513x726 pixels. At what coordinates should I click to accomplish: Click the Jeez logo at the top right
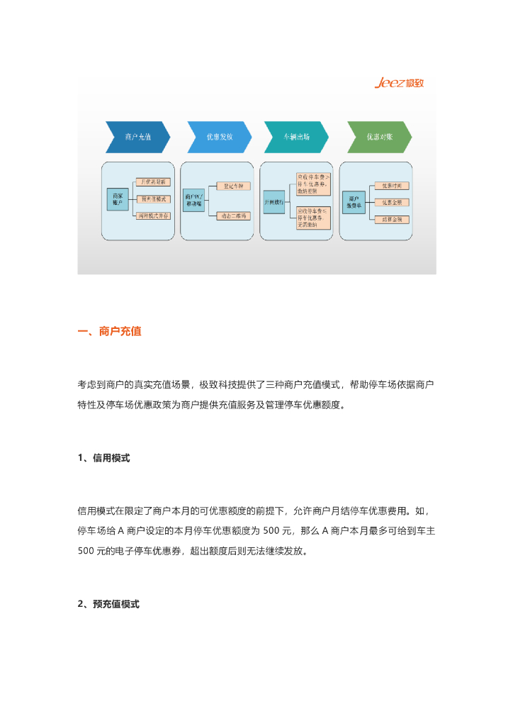tap(399, 84)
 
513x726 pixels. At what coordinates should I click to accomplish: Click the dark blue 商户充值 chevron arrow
tap(137, 138)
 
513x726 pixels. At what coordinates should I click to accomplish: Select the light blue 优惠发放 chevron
tap(219, 138)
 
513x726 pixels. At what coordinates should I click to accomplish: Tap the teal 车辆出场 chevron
tap(296, 138)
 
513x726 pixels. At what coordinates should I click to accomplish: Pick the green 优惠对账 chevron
tap(378, 138)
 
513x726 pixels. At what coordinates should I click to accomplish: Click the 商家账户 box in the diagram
tap(117, 199)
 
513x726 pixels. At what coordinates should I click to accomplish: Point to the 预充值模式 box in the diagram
tap(154, 199)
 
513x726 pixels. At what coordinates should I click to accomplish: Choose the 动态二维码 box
tap(233, 215)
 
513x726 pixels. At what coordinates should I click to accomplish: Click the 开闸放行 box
tap(274, 202)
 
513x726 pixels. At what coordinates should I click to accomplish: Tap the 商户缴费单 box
tap(353, 201)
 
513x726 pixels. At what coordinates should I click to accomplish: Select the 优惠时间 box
tap(392, 186)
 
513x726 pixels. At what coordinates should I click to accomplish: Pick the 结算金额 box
tap(392, 220)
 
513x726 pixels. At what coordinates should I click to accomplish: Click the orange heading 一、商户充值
tap(109, 331)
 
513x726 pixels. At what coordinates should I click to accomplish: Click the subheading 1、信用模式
tap(103, 458)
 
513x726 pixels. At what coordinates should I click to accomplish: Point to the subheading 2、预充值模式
tap(108, 604)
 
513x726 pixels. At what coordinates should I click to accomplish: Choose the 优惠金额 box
tap(392, 203)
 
